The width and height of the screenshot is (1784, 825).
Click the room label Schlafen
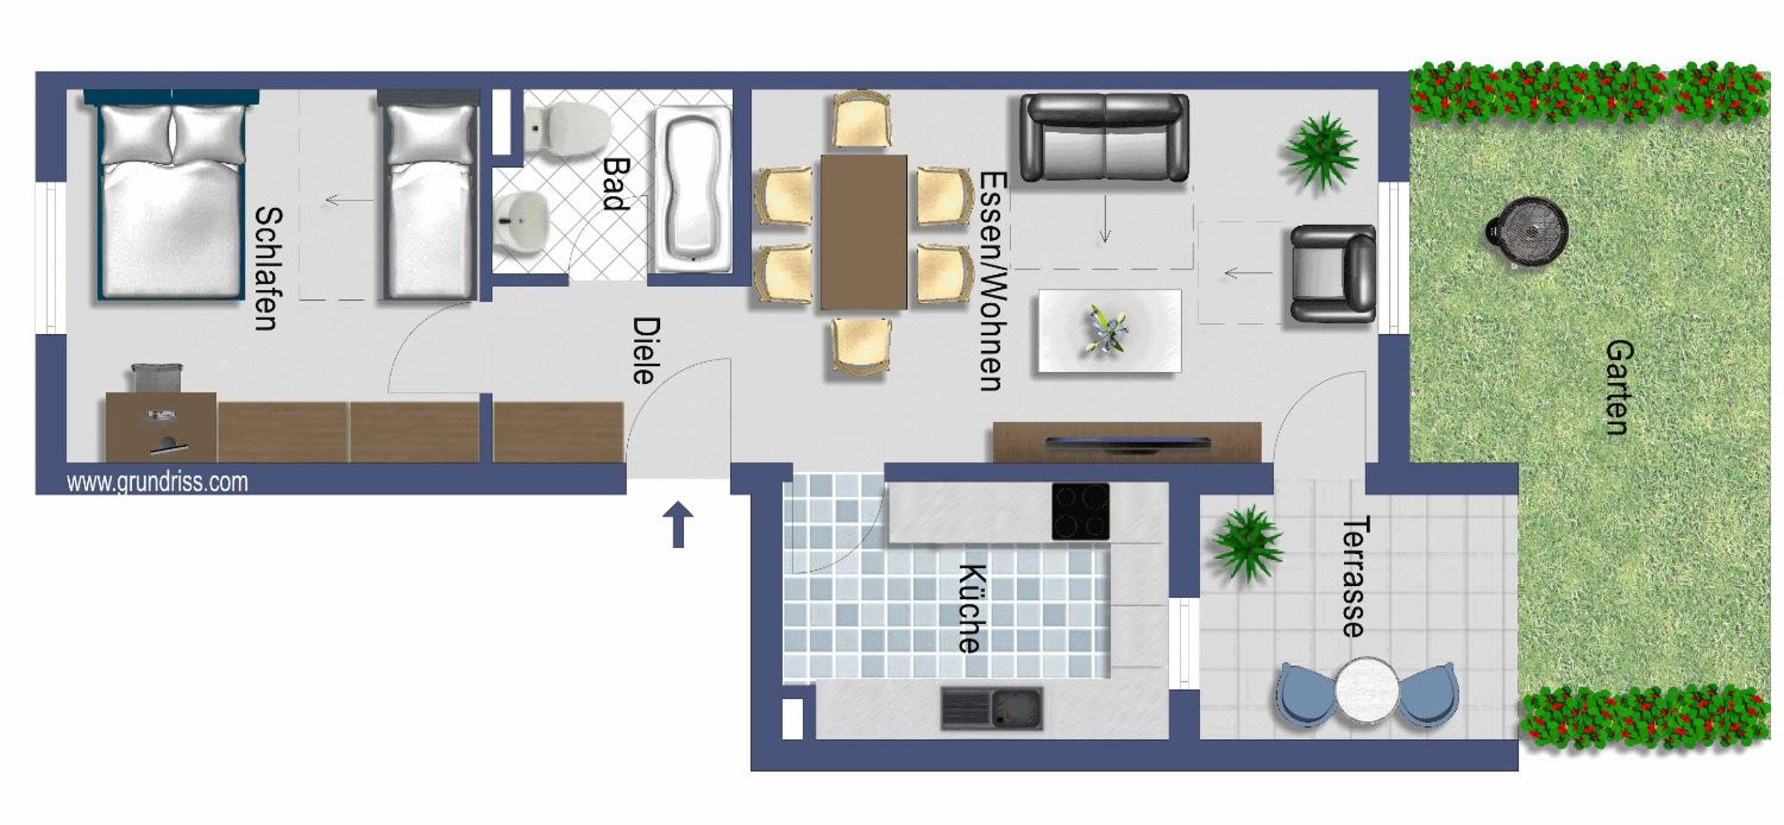[x=267, y=269]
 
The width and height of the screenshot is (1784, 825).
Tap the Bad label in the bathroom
[x=616, y=184]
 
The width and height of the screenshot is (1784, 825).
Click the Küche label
[x=971, y=608]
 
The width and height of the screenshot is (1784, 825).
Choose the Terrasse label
[x=1355, y=577]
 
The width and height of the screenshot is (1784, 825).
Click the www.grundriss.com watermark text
[x=157, y=481]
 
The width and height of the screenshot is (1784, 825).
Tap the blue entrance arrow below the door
[x=678, y=525]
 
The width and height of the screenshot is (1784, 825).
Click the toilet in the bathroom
[x=567, y=127]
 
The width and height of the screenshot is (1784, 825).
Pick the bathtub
[x=693, y=190]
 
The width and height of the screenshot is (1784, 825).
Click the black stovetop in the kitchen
[x=1080, y=512]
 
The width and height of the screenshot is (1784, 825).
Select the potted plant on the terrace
[x=1247, y=543]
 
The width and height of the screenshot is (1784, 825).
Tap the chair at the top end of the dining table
[x=861, y=120]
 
